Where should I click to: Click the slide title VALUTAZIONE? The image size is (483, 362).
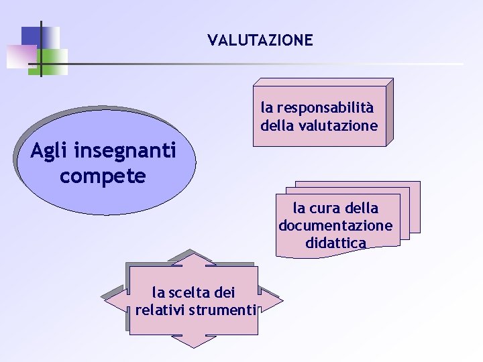pyautogui.click(x=260, y=40)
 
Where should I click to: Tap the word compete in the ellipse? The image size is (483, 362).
pyautogui.click(x=102, y=176)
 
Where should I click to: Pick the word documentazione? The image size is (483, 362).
pyautogui.click(x=335, y=225)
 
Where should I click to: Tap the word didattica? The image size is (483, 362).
pyautogui.click(x=335, y=243)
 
